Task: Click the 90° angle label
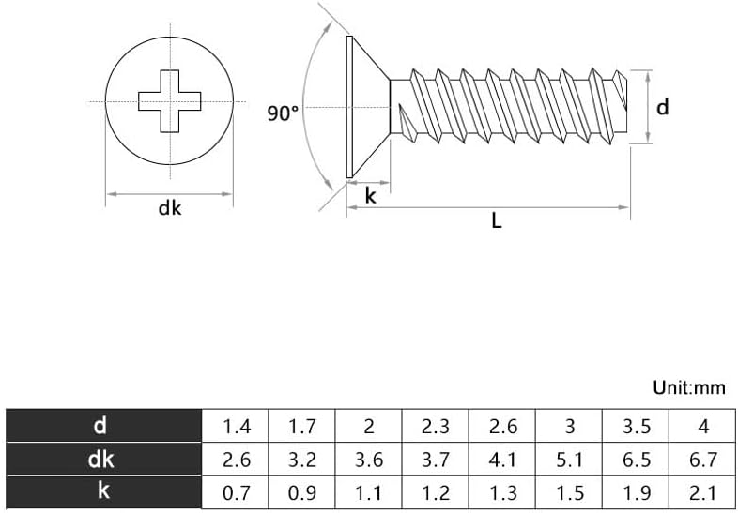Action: (282, 113)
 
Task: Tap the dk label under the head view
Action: (169, 209)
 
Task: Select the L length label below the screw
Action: (497, 222)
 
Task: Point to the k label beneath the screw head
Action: (370, 196)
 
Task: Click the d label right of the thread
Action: (662, 107)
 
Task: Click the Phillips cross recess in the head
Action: (169, 100)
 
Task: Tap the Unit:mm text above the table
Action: (689, 387)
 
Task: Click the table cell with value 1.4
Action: (236, 427)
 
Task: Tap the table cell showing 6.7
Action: (703, 460)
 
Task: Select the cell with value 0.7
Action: (236, 492)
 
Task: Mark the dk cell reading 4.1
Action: (503, 460)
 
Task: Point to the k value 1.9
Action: (637, 492)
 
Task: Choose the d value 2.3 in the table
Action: (436, 427)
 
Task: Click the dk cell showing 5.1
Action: (570, 460)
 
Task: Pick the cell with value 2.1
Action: (703, 492)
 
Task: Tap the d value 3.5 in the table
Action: (637, 427)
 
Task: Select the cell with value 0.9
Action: (301, 492)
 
